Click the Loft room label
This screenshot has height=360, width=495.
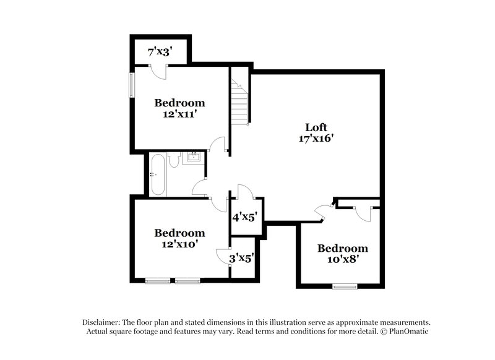316,128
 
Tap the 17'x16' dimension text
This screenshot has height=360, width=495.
316,139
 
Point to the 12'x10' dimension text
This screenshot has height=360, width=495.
179,244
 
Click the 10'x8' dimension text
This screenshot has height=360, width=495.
342,260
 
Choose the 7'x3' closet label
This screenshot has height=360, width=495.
159,52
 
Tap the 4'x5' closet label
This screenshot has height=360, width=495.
244,217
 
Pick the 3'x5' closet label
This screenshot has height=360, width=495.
241,258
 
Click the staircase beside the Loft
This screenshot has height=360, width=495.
239,102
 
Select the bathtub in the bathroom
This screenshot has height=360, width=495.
157,175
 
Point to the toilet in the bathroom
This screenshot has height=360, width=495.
174,161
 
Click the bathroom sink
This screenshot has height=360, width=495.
193,156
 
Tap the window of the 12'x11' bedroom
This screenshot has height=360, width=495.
131,85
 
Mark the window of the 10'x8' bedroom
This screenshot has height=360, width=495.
345,286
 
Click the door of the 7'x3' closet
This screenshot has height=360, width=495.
160,71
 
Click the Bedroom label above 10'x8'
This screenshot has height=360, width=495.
342,249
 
